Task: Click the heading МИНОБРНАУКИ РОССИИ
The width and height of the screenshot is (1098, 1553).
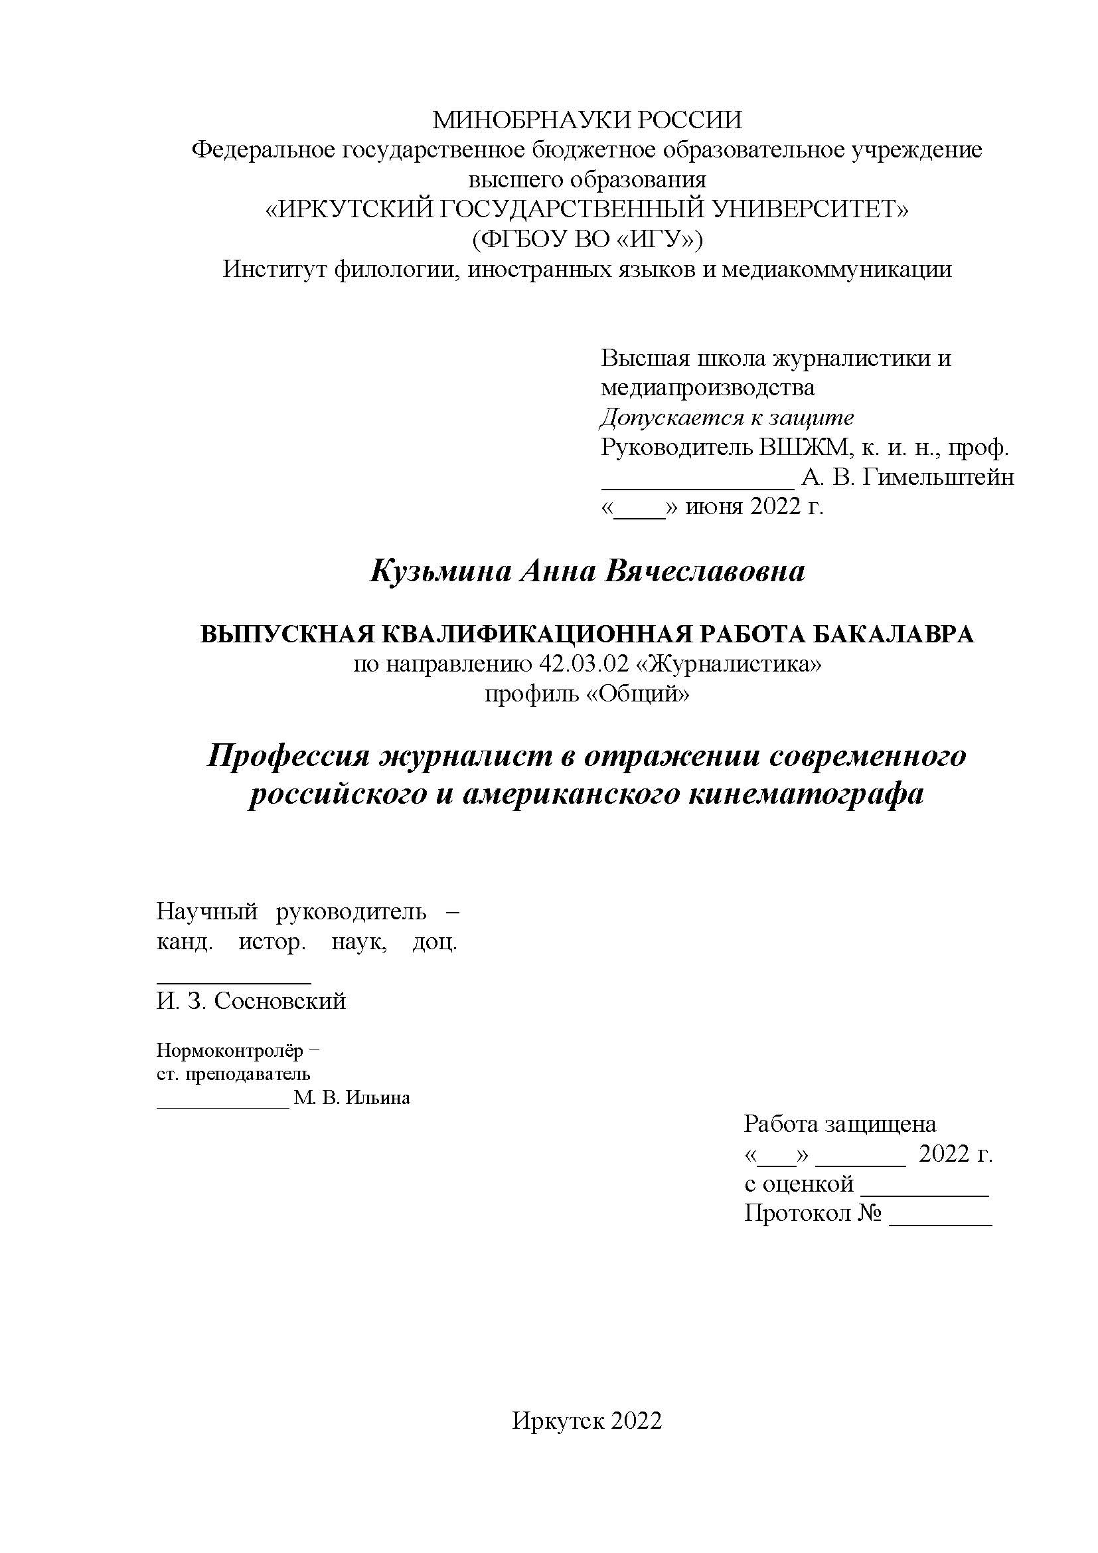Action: coord(587,120)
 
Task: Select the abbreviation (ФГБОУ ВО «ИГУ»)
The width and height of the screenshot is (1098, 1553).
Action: coord(587,239)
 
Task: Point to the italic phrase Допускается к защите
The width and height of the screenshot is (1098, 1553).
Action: coord(727,418)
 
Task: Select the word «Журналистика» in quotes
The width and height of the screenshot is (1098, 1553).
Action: coord(730,665)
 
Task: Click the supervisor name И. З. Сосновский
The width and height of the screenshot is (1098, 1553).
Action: coord(251,1001)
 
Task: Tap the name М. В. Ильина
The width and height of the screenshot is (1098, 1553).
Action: coord(352,1098)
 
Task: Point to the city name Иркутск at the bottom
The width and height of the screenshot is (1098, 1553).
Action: coord(558,1421)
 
